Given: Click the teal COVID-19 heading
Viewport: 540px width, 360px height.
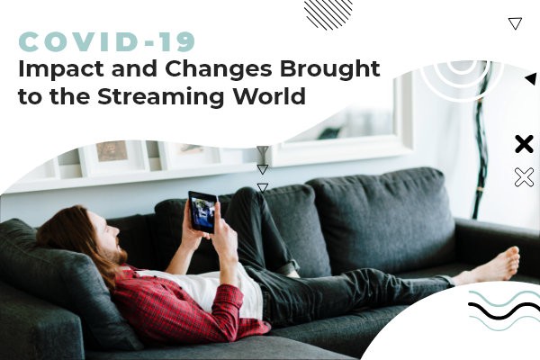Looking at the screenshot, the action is pyautogui.click(x=107, y=41).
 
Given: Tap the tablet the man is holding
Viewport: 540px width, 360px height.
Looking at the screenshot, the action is pyautogui.click(x=202, y=211).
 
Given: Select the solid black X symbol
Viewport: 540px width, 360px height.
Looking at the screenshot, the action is pyautogui.click(x=524, y=144).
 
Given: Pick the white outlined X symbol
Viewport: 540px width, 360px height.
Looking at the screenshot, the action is pyautogui.click(x=524, y=177).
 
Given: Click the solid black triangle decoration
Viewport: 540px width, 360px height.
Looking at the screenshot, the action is pyautogui.click(x=532, y=79).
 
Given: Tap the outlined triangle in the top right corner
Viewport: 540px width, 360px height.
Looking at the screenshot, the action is pyautogui.click(x=515, y=23).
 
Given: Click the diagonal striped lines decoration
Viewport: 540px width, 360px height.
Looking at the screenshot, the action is pyautogui.click(x=328, y=13).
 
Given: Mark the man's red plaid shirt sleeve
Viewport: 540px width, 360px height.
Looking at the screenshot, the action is pyautogui.click(x=220, y=310).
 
